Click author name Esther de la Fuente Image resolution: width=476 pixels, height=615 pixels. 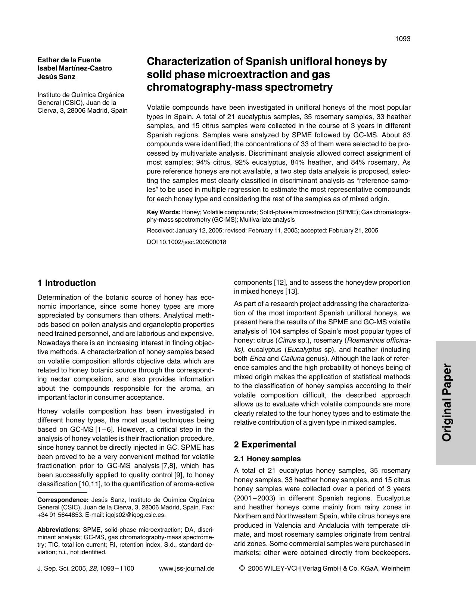coord(69,60)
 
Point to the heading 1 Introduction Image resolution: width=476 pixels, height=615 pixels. coord(67,283)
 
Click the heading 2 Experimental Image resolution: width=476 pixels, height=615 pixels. coord(265,444)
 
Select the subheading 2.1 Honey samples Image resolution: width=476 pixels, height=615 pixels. coord(267,459)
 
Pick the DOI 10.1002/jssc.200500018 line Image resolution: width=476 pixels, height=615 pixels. coord(186,242)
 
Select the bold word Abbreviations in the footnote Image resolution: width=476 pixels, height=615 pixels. coord(58,530)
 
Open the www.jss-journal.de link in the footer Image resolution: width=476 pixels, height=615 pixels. coord(186,569)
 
